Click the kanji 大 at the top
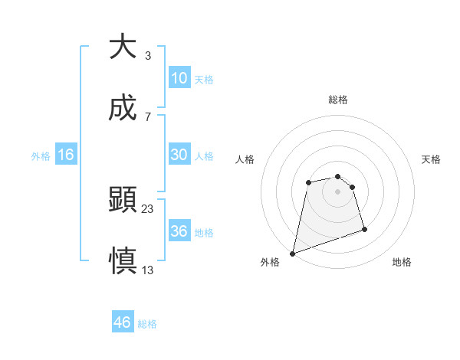coord(123,47)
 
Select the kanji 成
coord(123,109)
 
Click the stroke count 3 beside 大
coord(148,56)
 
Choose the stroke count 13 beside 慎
coord(148,270)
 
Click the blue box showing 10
coord(179,78)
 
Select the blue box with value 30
coord(179,155)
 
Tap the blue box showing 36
coord(179,231)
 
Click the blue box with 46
coord(122,322)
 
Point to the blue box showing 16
coord(66,155)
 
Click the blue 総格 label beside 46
coord(148,324)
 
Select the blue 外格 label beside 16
coord(41,155)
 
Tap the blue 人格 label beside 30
coord(204,155)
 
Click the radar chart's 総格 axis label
coord(338,100)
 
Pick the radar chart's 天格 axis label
coord(432,159)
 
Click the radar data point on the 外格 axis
coord(292,254)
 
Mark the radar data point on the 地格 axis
coord(365,229)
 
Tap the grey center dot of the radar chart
coord(338,191)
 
